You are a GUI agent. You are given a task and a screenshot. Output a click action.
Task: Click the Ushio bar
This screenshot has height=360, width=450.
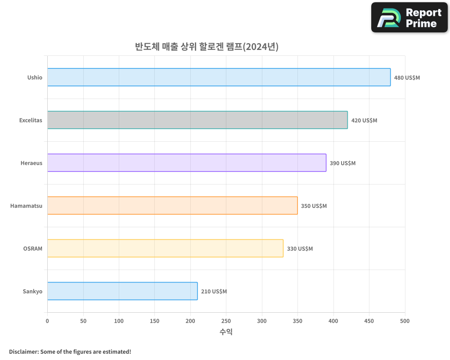point(219,77)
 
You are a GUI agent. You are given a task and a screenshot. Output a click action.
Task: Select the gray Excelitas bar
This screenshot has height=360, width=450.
point(197,120)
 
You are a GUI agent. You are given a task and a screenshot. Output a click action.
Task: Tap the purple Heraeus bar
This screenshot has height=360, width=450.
point(186,163)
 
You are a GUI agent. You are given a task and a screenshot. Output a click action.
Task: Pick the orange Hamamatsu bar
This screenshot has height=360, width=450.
point(172,206)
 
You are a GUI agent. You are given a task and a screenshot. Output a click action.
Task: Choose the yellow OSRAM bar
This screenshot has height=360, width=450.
point(165,248)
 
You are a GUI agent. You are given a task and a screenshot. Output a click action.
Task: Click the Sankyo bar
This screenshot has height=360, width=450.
point(122,291)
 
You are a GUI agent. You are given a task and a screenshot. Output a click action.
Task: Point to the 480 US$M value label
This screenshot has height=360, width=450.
point(407,78)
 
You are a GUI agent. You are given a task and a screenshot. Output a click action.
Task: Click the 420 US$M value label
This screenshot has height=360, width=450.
point(364,121)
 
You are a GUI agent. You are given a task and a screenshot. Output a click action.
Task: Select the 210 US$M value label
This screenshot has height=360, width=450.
point(214,292)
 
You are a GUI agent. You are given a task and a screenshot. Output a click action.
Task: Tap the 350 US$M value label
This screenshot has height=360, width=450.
point(314,206)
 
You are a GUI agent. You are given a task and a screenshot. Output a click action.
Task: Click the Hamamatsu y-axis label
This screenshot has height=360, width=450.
point(26,206)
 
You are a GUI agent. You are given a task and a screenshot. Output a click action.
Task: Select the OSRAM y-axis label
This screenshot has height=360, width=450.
point(32,248)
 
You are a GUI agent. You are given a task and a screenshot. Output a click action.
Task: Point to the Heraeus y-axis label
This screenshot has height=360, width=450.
point(31,163)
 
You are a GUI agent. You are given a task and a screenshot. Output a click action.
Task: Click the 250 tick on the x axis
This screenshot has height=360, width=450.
point(226,321)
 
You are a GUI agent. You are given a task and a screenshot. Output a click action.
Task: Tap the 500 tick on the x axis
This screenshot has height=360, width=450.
point(405,321)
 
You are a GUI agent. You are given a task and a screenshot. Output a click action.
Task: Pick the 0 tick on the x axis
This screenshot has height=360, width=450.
point(47,321)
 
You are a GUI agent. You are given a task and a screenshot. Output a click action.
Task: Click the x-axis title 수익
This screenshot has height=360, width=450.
point(226,332)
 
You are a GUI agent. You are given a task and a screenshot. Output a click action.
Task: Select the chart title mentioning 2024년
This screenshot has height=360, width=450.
point(207,46)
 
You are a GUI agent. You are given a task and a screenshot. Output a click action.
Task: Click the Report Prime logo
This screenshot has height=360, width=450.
point(409,18)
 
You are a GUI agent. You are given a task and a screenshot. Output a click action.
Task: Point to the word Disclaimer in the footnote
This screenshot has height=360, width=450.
point(23,351)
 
